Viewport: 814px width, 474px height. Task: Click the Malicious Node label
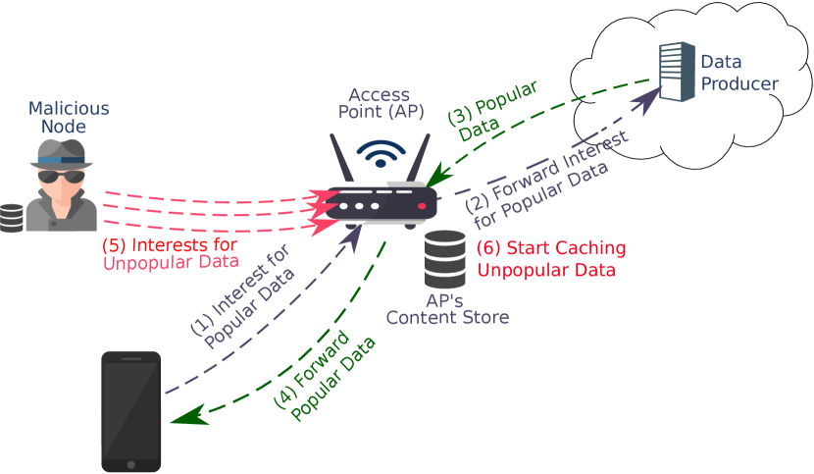[x=68, y=117]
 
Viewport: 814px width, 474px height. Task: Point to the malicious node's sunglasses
[x=62, y=177]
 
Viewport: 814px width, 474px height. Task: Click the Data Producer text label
[x=738, y=73]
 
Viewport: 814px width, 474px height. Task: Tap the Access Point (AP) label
[x=382, y=103]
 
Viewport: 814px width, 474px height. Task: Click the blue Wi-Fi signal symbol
[x=380, y=152]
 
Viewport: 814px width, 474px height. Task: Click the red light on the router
[x=422, y=206]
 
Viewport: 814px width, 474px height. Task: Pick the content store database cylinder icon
[x=445, y=259]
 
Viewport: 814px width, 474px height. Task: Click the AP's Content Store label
[x=446, y=308]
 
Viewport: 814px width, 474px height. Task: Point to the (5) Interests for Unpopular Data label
[x=170, y=252]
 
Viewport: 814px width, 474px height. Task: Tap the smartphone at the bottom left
[x=131, y=410]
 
